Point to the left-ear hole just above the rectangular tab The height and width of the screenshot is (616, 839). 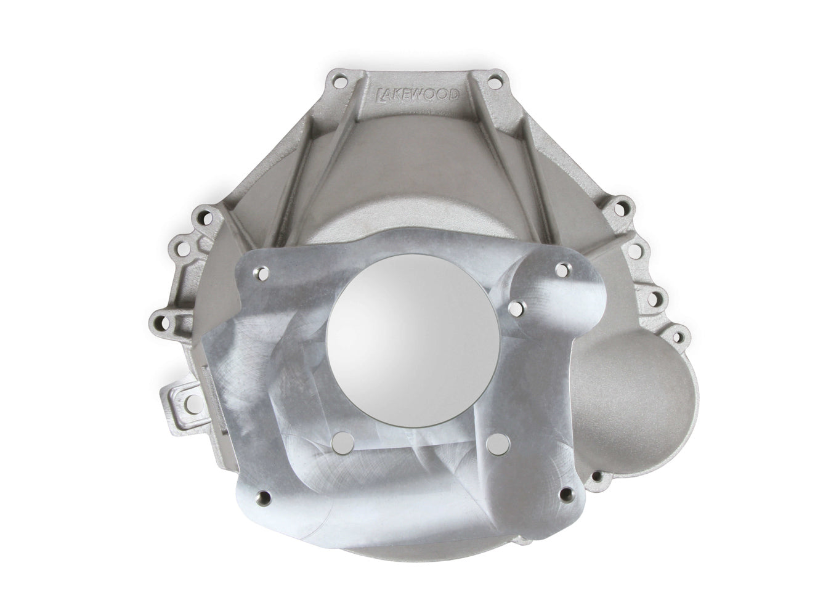point(157,321)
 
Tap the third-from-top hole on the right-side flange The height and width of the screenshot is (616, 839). point(657,299)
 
